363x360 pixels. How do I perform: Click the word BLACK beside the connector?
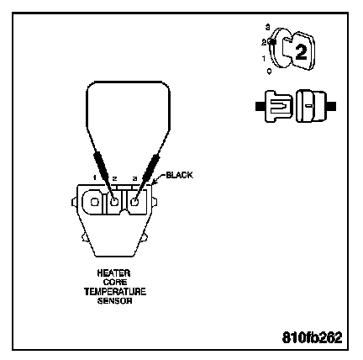pos(180,175)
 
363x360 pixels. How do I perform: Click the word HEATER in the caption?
pos(113,273)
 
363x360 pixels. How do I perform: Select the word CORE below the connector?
pos(115,282)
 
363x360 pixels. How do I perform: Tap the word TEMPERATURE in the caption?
pos(115,292)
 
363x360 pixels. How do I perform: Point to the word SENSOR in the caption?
pos(114,301)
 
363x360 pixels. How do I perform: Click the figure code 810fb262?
pos(313,337)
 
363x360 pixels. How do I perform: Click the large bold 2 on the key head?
pos(301,52)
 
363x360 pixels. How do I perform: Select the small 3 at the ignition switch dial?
pos(268,27)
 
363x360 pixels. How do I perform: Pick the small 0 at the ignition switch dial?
pos(270,71)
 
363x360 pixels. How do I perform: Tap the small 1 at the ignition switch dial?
pos(264,59)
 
